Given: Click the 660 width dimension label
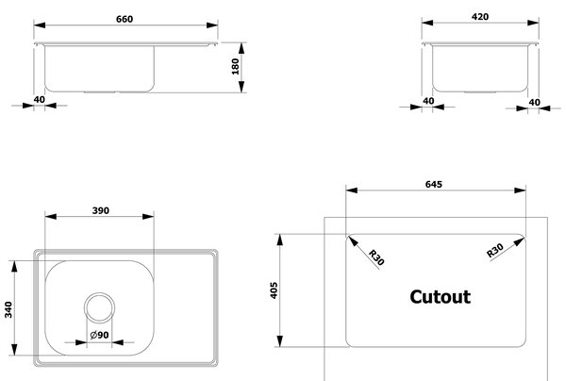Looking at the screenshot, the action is click(125, 19).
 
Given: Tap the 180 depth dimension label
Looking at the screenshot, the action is click(235, 66).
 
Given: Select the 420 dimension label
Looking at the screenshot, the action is click(480, 17).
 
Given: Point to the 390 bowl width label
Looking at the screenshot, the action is click(100, 210).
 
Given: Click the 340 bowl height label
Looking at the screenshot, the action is click(8, 309).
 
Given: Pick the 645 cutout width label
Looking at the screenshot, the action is click(434, 184).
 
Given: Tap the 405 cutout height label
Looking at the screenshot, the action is click(274, 290).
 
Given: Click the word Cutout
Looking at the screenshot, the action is click(440, 297).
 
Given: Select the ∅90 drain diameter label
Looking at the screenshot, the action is click(99, 335).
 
